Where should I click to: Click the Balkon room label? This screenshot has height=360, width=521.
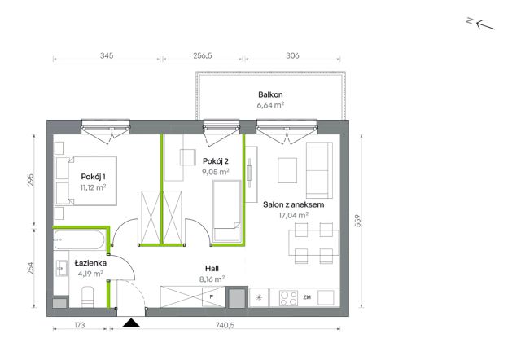270,94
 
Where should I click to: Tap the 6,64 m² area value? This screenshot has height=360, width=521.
270,105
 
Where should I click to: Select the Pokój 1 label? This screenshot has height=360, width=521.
93,177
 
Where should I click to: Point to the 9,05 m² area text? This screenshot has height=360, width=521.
216,172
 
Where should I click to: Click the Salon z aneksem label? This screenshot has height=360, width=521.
293,204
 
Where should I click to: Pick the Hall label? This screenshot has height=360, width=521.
212,268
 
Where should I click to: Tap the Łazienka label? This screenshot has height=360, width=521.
90,263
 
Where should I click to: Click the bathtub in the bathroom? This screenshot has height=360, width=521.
80,240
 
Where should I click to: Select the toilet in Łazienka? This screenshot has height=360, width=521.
87,296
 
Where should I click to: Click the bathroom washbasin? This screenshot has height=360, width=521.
61,268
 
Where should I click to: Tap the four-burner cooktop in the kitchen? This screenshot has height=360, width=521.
288,298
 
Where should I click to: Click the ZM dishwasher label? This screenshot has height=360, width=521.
307,297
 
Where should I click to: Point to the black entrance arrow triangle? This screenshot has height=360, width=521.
131,323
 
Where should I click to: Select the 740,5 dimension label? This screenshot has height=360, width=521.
225,325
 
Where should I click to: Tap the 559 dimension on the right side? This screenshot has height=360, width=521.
358,221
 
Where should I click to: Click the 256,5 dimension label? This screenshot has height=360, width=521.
203,55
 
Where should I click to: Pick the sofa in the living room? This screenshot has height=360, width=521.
319,170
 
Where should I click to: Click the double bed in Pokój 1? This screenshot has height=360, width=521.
85,181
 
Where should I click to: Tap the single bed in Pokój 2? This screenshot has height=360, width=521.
227,211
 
